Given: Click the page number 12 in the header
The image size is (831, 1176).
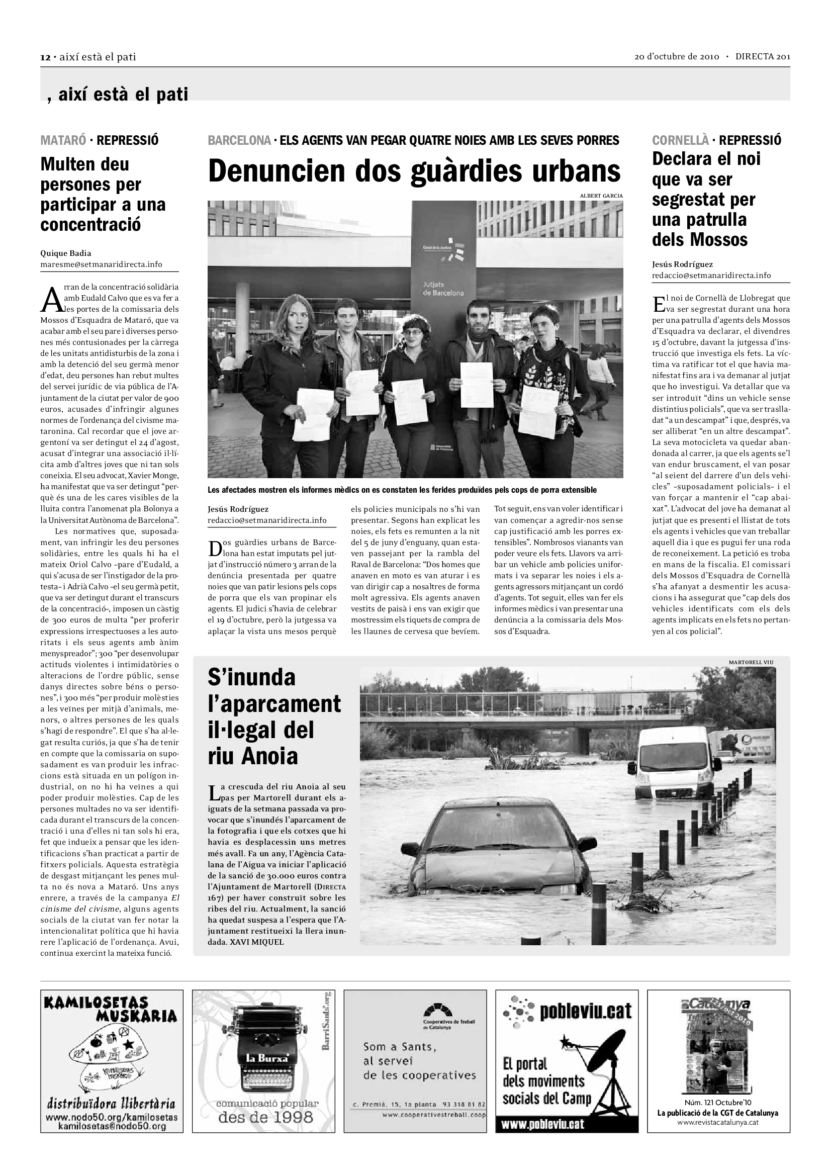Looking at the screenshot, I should pos(45,57).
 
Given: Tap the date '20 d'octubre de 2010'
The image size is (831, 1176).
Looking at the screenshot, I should pos(676,57).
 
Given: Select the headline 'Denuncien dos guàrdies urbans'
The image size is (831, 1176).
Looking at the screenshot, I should pos(414,171).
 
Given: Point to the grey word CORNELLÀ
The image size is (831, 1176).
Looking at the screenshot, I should pos(680,140).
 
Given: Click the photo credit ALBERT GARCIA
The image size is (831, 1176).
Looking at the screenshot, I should pos(601,196).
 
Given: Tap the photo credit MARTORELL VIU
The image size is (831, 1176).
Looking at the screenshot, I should pos(751,662).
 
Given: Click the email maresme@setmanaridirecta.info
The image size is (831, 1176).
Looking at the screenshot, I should pos(102,264).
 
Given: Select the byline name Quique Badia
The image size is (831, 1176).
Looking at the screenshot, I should pos(65,253).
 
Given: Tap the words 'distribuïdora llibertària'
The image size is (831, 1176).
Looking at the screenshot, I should pos(111,1103).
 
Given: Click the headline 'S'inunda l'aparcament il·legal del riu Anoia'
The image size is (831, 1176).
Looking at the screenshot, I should pos(274,716).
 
